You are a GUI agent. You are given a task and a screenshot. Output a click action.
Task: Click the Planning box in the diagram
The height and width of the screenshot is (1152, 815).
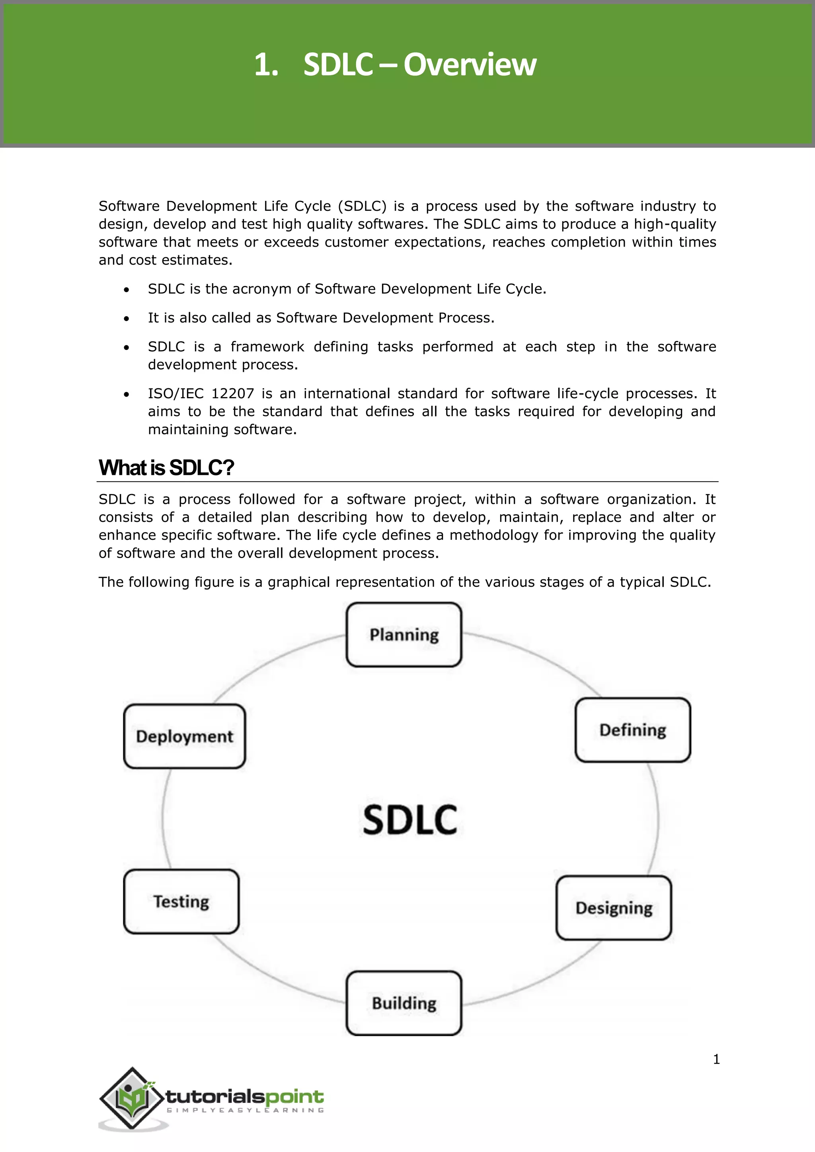404,635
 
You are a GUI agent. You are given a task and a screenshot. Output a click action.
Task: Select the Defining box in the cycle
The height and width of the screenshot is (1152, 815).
633,730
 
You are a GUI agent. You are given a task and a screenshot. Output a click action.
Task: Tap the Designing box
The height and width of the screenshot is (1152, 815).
614,908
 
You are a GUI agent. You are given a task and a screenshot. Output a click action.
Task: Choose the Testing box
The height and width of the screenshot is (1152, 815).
181,902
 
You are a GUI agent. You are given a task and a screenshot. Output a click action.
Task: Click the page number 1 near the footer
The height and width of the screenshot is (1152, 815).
716,1059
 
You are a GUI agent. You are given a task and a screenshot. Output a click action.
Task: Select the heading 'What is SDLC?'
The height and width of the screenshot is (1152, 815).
166,468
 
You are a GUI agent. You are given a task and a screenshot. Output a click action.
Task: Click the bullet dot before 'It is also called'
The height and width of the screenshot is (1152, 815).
127,319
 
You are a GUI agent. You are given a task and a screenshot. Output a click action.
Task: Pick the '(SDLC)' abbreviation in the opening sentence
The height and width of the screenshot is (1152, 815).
363,206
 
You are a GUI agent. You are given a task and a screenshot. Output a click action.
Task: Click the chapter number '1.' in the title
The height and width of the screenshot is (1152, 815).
266,65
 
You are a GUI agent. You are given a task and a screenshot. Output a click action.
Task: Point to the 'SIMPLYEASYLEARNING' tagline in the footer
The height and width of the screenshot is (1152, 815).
245,1110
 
